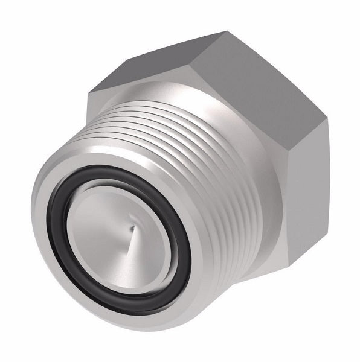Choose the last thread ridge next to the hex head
248,181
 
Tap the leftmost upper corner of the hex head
89,91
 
